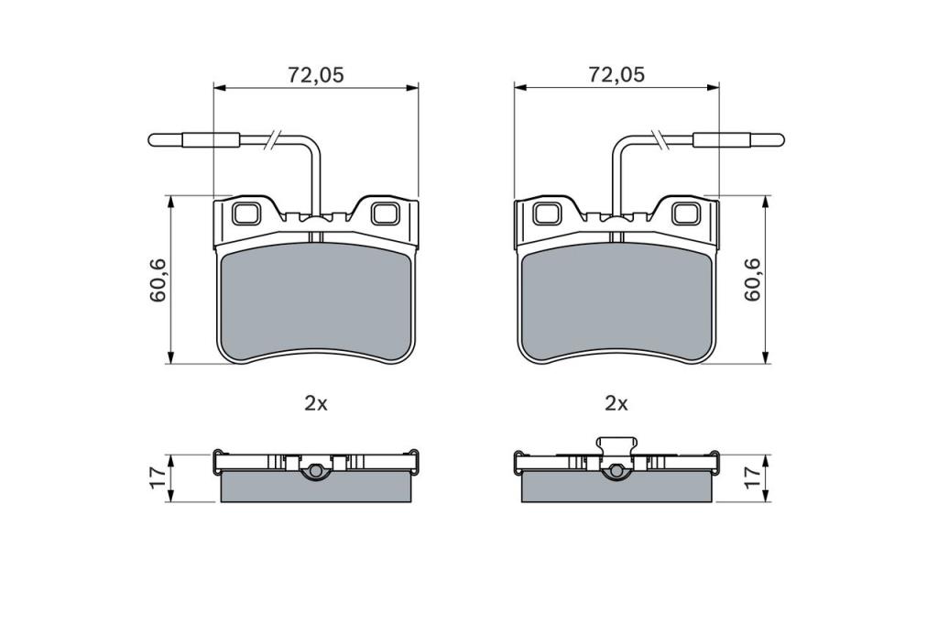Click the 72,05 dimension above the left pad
(316, 75)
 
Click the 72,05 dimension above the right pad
(616, 75)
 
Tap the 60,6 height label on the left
(158, 280)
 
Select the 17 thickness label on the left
(158, 477)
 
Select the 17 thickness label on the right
(752, 477)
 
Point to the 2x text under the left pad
(316, 404)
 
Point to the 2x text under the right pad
(616, 404)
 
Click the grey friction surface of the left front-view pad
(316, 302)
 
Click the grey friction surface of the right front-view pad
(616, 302)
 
